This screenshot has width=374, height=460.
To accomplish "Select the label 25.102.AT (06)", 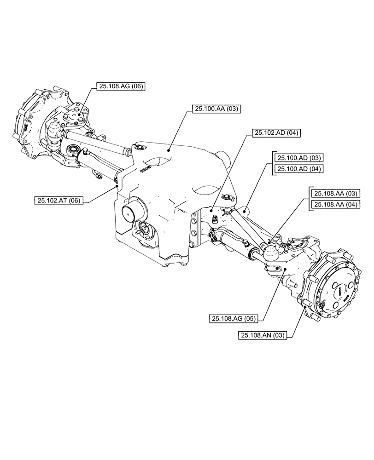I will pos(58,200).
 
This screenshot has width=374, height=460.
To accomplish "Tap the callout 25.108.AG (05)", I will pos(234,318).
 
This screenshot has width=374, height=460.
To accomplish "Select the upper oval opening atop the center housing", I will pos(157,163).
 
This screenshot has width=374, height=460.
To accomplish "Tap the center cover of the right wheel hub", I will pos(339,292).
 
